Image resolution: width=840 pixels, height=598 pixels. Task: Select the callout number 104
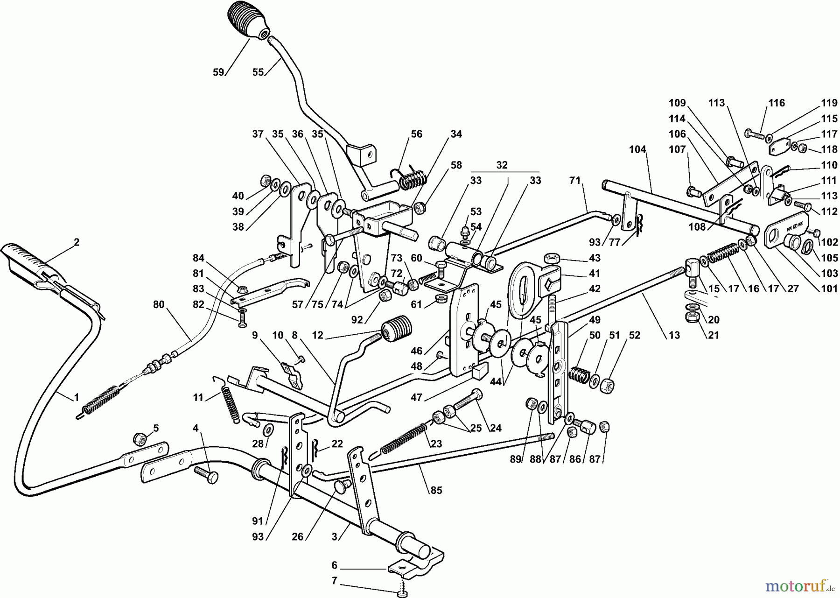coord(637,149)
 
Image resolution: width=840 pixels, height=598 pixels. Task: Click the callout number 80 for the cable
coord(159,304)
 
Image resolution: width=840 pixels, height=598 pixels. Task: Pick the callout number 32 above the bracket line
coord(502,165)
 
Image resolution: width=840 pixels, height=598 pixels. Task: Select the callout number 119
coord(829,103)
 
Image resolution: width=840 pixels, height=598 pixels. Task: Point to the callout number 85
coord(436,490)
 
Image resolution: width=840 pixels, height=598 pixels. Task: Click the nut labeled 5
coord(139,438)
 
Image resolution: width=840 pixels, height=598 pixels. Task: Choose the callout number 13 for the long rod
coord(674,335)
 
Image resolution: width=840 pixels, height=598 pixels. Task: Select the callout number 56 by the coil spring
coord(416,134)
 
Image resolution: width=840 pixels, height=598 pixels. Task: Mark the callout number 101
coord(829,288)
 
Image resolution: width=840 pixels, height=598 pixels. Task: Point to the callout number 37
coord(258,134)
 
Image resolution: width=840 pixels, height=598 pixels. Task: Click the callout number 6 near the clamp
coord(334,565)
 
